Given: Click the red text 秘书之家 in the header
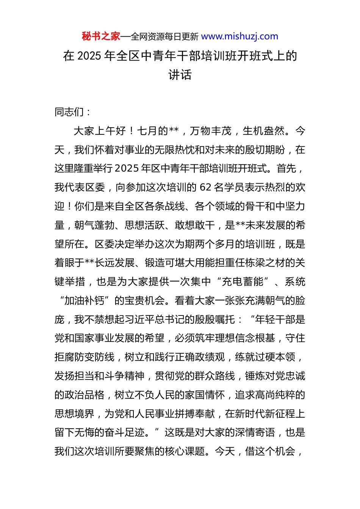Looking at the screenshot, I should coord(101,36).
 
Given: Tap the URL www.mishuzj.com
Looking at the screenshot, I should coord(239,36).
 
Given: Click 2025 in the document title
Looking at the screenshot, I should coord(89,56).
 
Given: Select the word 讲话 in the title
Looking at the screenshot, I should coord(180,75).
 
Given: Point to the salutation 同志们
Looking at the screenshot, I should coord(69,112).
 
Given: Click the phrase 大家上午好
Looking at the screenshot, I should coord(99,131).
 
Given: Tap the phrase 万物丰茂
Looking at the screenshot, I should coord(210,131).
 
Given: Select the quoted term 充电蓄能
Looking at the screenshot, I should coord(243,282).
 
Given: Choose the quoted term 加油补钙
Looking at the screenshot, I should coord(84,301).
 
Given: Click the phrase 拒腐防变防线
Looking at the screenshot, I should coord(85,357).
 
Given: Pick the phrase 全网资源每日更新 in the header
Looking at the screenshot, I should coord(164,37).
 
